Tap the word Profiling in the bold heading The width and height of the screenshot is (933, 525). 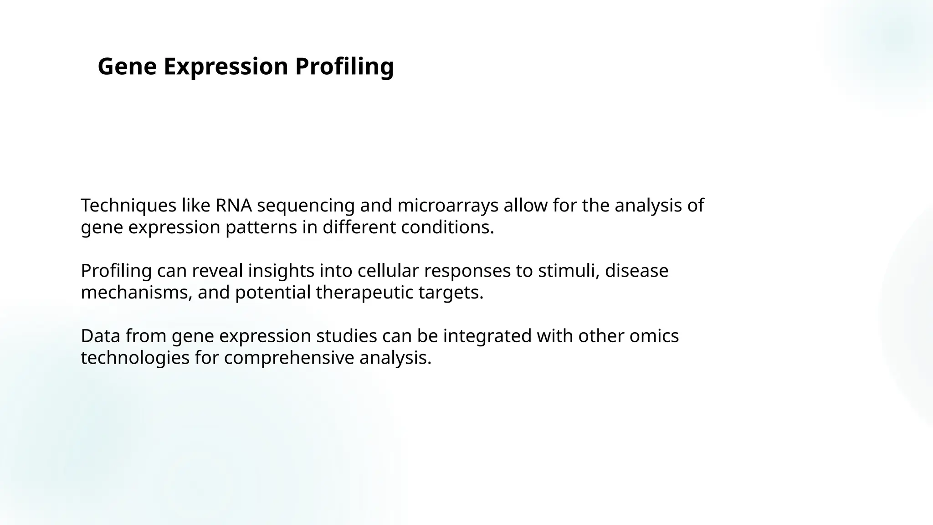(x=344, y=67)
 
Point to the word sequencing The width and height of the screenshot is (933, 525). (x=306, y=206)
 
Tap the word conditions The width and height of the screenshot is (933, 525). (x=447, y=227)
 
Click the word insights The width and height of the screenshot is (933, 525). (x=281, y=271)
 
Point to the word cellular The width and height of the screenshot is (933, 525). (x=388, y=271)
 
